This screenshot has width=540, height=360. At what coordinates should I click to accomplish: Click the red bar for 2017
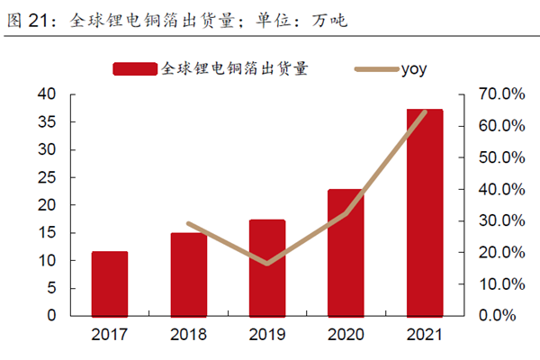pyautogui.click(x=110, y=283)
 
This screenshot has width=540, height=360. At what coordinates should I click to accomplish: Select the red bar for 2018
pyautogui.click(x=188, y=274)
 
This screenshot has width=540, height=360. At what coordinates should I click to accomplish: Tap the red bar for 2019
pyautogui.click(x=267, y=267)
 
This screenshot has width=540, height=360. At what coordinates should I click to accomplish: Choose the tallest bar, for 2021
pyautogui.click(x=425, y=212)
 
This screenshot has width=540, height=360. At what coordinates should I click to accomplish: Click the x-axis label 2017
pyautogui.click(x=110, y=335)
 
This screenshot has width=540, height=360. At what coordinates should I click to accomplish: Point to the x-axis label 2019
pyautogui.click(x=267, y=335)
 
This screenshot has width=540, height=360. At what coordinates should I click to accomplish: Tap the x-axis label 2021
pyautogui.click(x=425, y=335)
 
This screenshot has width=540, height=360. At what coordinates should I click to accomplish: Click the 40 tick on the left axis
pyautogui.click(x=47, y=94)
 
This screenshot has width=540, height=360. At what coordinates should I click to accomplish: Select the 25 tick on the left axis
pyautogui.click(x=47, y=177)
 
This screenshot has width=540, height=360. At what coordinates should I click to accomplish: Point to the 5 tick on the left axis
pyautogui.click(x=51, y=288)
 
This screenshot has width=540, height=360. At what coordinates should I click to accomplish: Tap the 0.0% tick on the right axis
pyautogui.click(x=494, y=316)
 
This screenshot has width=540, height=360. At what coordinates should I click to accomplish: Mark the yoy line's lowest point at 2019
pyautogui.click(x=267, y=264)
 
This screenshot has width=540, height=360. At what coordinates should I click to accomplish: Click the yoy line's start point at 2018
pyautogui.click(x=188, y=223)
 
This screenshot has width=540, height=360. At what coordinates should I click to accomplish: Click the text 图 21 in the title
pyautogui.click(x=27, y=18)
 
